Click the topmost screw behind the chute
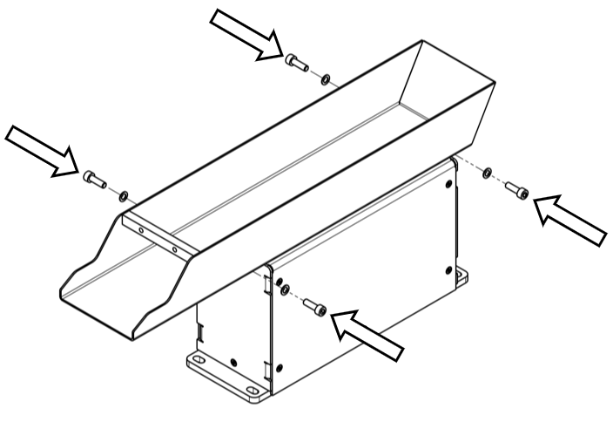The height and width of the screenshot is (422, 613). click(x=296, y=62)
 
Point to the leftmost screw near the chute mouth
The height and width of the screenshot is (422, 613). click(x=93, y=179)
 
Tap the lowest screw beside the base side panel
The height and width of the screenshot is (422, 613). click(x=316, y=306)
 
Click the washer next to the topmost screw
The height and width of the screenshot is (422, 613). click(x=324, y=79)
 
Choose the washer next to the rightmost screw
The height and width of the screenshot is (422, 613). click(x=488, y=172)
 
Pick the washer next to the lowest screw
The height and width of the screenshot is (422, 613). click(x=285, y=289)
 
